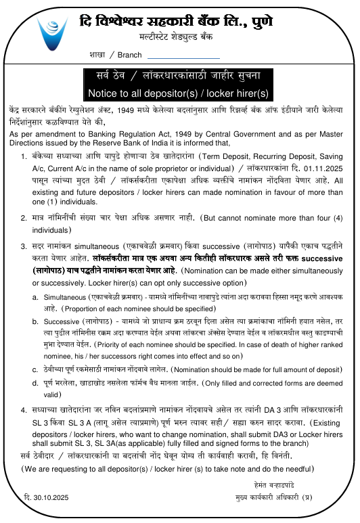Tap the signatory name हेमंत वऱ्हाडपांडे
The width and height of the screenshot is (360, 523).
coord(277,485)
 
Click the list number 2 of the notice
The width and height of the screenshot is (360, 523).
coord(24,220)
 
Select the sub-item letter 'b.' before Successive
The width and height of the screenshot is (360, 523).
coord(35,321)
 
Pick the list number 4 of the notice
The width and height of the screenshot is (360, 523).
coord(24,411)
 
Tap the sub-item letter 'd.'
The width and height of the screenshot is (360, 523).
coord(35,383)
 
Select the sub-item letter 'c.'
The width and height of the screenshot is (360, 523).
coord(35,369)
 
